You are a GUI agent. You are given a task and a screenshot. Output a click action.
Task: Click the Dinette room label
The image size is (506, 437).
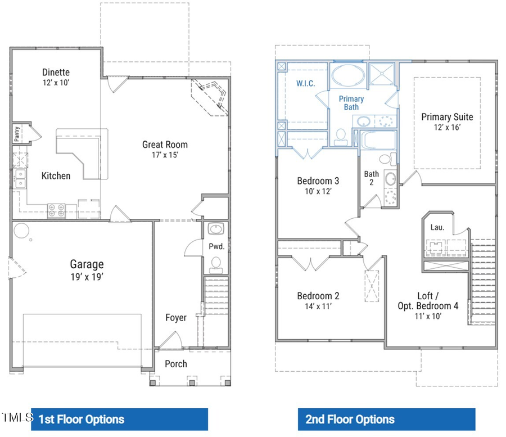click(56, 72)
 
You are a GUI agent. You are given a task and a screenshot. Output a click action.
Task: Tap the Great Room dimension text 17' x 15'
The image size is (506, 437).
click(164, 155)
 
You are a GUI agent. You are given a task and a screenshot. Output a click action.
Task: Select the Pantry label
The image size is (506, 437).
click(17, 134)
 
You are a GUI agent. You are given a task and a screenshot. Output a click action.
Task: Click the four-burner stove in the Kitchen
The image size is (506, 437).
click(56, 210)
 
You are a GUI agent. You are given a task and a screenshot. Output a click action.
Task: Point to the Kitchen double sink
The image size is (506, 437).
click(20, 178)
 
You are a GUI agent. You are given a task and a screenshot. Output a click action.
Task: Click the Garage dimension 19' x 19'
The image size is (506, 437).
click(87, 277)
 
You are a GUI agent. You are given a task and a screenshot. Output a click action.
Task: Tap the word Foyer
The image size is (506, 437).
click(176, 318)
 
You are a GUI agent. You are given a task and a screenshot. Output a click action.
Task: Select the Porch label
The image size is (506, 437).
click(176, 364)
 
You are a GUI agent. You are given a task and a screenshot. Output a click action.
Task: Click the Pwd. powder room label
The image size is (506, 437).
click(216, 246)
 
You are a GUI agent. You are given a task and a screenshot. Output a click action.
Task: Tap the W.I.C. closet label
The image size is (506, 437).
click(306, 83)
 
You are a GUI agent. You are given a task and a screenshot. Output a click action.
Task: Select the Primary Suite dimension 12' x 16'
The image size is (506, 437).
click(447, 128)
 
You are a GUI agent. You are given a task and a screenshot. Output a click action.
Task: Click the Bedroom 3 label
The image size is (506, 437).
click(318, 181)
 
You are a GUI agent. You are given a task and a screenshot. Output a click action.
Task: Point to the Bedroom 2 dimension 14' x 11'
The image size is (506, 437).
click(318, 307)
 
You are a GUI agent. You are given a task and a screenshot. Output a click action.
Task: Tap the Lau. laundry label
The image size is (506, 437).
click(437, 227)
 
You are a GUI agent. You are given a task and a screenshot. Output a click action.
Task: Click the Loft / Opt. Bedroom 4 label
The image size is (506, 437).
click(437, 300)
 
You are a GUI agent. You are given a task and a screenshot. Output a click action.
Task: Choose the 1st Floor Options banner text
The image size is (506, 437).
click(82, 419)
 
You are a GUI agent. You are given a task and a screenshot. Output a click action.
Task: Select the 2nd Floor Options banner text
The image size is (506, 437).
click(350, 419)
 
